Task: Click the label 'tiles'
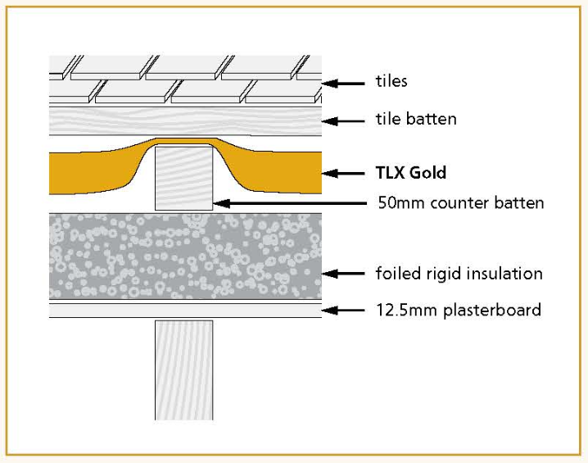coord(391,81)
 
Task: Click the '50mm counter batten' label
coord(460,202)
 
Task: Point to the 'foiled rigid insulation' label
coord(459,273)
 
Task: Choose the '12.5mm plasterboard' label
coord(459,310)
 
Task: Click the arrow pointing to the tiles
coord(344,82)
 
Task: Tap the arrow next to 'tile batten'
coord(344,120)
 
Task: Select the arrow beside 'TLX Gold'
coord(344,174)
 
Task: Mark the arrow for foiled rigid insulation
coord(344,273)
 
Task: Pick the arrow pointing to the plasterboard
coord(344,310)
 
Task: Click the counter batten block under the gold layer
coord(184,175)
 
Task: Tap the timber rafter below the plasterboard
coord(184,369)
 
